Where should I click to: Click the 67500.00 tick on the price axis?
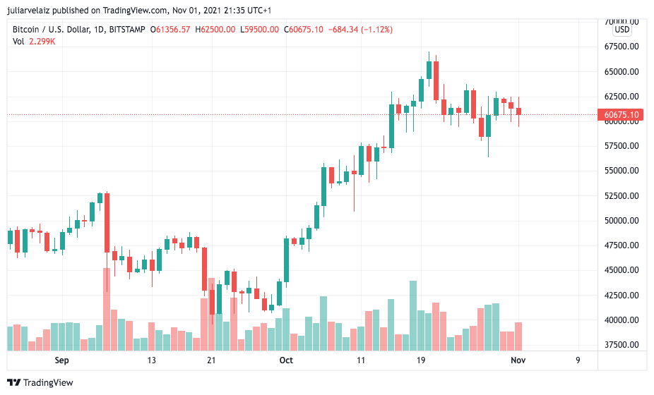(x=622, y=47)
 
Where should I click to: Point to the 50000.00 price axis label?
(x=622, y=221)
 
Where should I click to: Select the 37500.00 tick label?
(x=622, y=345)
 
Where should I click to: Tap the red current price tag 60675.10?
(x=622, y=115)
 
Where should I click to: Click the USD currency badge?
(x=622, y=30)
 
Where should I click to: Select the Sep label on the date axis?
(x=62, y=360)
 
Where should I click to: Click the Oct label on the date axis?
(x=286, y=360)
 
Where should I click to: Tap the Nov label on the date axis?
(x=518, y=360)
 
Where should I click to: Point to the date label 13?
(x=151, y=360)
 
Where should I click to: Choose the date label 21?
(x=211, y=360)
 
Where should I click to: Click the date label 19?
(x=421, y=360)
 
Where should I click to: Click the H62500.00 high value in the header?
(x=216, y=30)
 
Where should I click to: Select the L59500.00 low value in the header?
(x=261, y=30)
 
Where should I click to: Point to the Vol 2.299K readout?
(x=34, y=42)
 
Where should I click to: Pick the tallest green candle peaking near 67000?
(x=429, y=69)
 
